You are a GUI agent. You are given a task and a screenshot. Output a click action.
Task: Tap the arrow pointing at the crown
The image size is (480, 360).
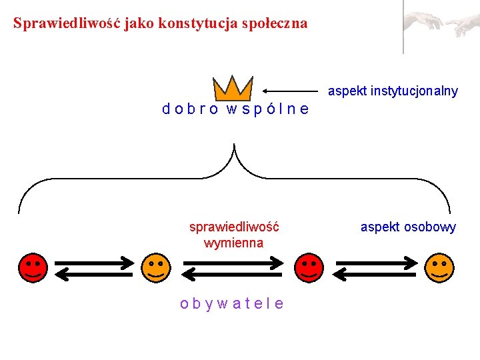pyautogui.click(x=289, y=90)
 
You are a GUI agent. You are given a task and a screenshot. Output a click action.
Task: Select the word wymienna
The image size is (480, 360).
pyautogui.click(x=233, y=243)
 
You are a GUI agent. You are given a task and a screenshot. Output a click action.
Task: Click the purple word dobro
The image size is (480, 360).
pyautogui.click(x=190, y=109)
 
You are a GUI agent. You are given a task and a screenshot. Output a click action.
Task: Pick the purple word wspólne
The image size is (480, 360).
pyautogui.click(x=267, y=109)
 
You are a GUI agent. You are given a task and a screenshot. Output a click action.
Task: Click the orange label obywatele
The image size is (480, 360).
pyautogui.click(x=232, y=303)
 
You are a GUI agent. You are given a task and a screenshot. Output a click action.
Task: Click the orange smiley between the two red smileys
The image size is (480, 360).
pyautogui.click(x=155, y=267)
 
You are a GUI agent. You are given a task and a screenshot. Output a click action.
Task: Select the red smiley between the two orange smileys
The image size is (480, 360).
pyautogui.click(x=309, y=267)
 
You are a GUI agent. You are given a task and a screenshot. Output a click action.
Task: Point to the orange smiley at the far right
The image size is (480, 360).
pyautogui.click(x=439, y=267)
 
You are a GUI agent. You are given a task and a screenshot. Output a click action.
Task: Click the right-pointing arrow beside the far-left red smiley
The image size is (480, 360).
pyautogui.click(x=93, y=261)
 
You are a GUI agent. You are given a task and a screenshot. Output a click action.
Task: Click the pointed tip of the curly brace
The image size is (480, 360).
pyautogui.click(x=235, y=145)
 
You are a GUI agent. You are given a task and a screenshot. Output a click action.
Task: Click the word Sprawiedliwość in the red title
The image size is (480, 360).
pyautogui.click(x=57, y=23)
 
